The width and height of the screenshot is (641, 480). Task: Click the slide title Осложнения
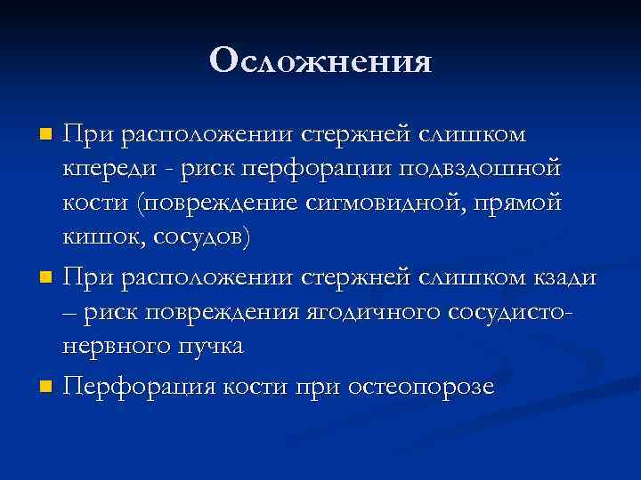click(320, 61)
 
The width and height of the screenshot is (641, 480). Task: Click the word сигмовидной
click(370, 203)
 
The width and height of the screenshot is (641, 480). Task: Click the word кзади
click(567, 276)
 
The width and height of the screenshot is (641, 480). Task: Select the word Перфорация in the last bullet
click(139, 386)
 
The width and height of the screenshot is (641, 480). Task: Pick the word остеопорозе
click(421, 386)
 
